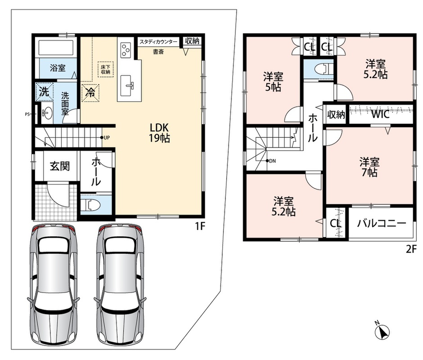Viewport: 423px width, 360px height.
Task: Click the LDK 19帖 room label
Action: click(x=159, y=132)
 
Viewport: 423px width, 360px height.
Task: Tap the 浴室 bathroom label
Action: click(x=58, y=68)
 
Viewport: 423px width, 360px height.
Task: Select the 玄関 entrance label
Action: click(x=59, y=166)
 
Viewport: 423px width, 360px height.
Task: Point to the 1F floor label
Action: click(x=200, y=227)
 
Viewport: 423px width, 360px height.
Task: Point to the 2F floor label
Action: click(x=411, y=249)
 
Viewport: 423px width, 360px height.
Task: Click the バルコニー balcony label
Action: click(x=382, y=223)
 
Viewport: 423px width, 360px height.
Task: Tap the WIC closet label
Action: click(x=380, y=114)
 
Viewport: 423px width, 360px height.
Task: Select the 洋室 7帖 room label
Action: click(x=369, y=167)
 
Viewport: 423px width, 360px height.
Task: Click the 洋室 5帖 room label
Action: click(x=273, y=82)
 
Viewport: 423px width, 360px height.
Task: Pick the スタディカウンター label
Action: click(x=158, y=42)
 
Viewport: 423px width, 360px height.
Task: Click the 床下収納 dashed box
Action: click(x=105, y=70)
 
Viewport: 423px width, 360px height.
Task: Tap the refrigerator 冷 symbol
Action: click(x=90, y=93)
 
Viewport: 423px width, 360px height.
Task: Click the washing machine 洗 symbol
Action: click(x=45, y=92)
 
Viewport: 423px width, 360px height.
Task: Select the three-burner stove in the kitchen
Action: click(x=126, y=50)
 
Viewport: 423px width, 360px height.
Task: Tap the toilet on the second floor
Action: click(x=324, y=69)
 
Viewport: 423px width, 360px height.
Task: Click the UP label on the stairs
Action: click(x=105, y=138)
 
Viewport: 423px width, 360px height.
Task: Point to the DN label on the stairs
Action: click(x=271, y=161)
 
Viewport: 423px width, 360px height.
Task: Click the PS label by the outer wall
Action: click(x=27, y=114)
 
